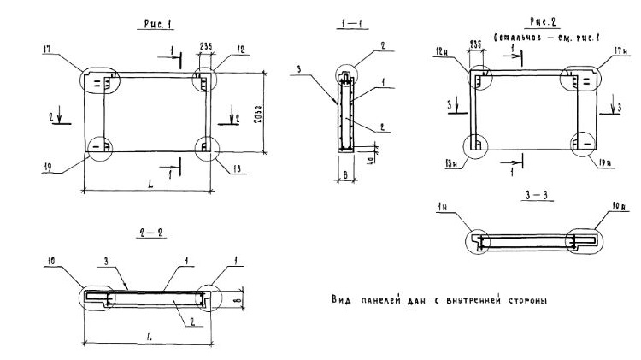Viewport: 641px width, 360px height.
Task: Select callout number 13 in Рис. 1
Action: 235,169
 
